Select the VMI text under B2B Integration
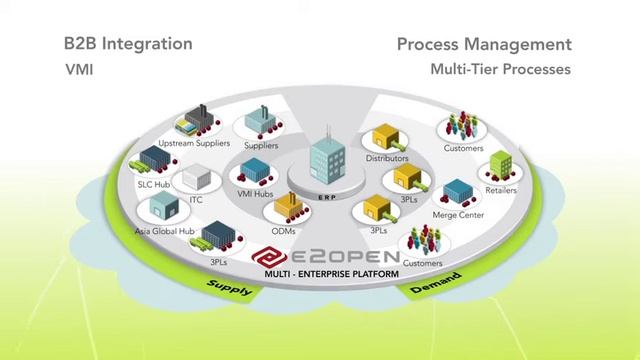tap(79, 71)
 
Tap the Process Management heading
tap(484, 44)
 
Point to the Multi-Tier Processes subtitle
tap(500, 71)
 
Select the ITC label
tap(196, 200)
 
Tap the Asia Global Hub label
tap(162, 230)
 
